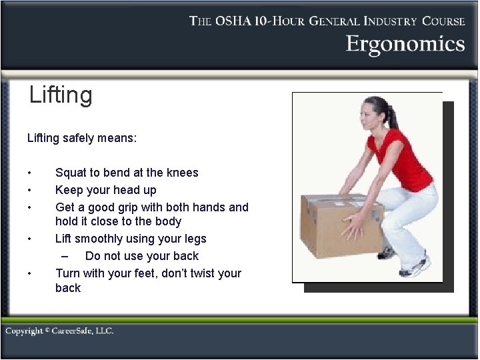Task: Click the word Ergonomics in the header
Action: click(x=405, y=44)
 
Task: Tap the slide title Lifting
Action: click(x=61, y=95)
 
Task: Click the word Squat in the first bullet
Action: click(x=71, y=173)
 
